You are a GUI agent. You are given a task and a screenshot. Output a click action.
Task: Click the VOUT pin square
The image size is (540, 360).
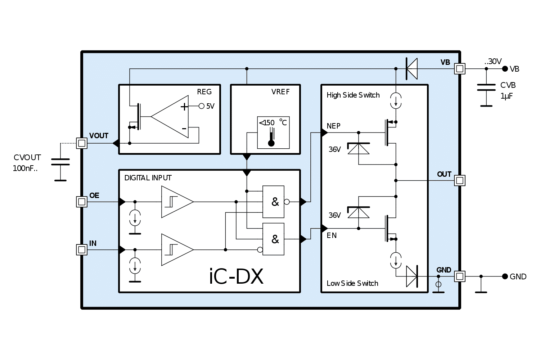point(82,143)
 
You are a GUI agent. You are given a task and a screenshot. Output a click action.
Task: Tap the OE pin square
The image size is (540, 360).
point(82,202)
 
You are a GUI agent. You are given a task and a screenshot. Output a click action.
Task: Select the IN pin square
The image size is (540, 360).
point(82,249)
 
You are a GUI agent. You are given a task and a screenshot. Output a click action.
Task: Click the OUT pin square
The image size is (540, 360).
point(459,180)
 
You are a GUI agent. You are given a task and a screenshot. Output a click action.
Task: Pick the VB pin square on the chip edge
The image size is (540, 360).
point(459,68)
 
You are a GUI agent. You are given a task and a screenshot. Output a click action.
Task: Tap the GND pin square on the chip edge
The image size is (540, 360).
point(459,276)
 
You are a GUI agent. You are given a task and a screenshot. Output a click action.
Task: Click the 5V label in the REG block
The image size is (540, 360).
point(210,106)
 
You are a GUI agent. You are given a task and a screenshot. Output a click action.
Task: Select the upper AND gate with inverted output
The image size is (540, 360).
point(274,202)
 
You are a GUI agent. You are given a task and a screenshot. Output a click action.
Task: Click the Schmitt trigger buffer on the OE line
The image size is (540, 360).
point(177,202)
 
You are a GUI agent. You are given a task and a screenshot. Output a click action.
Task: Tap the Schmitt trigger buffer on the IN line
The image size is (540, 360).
point(177,249)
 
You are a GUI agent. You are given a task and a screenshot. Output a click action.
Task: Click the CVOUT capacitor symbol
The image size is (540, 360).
point(60,162)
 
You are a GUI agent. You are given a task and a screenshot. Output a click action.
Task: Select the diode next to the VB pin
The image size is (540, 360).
point(411,68)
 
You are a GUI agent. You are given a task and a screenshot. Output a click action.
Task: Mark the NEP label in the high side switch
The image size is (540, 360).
point(333,126)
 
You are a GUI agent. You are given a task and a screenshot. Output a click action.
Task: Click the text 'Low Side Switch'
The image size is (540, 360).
point(352,283)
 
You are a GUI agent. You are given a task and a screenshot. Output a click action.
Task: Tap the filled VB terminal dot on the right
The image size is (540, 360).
point(505,69)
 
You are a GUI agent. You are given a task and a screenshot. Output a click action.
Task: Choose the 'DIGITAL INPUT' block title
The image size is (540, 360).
point(148,178)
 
